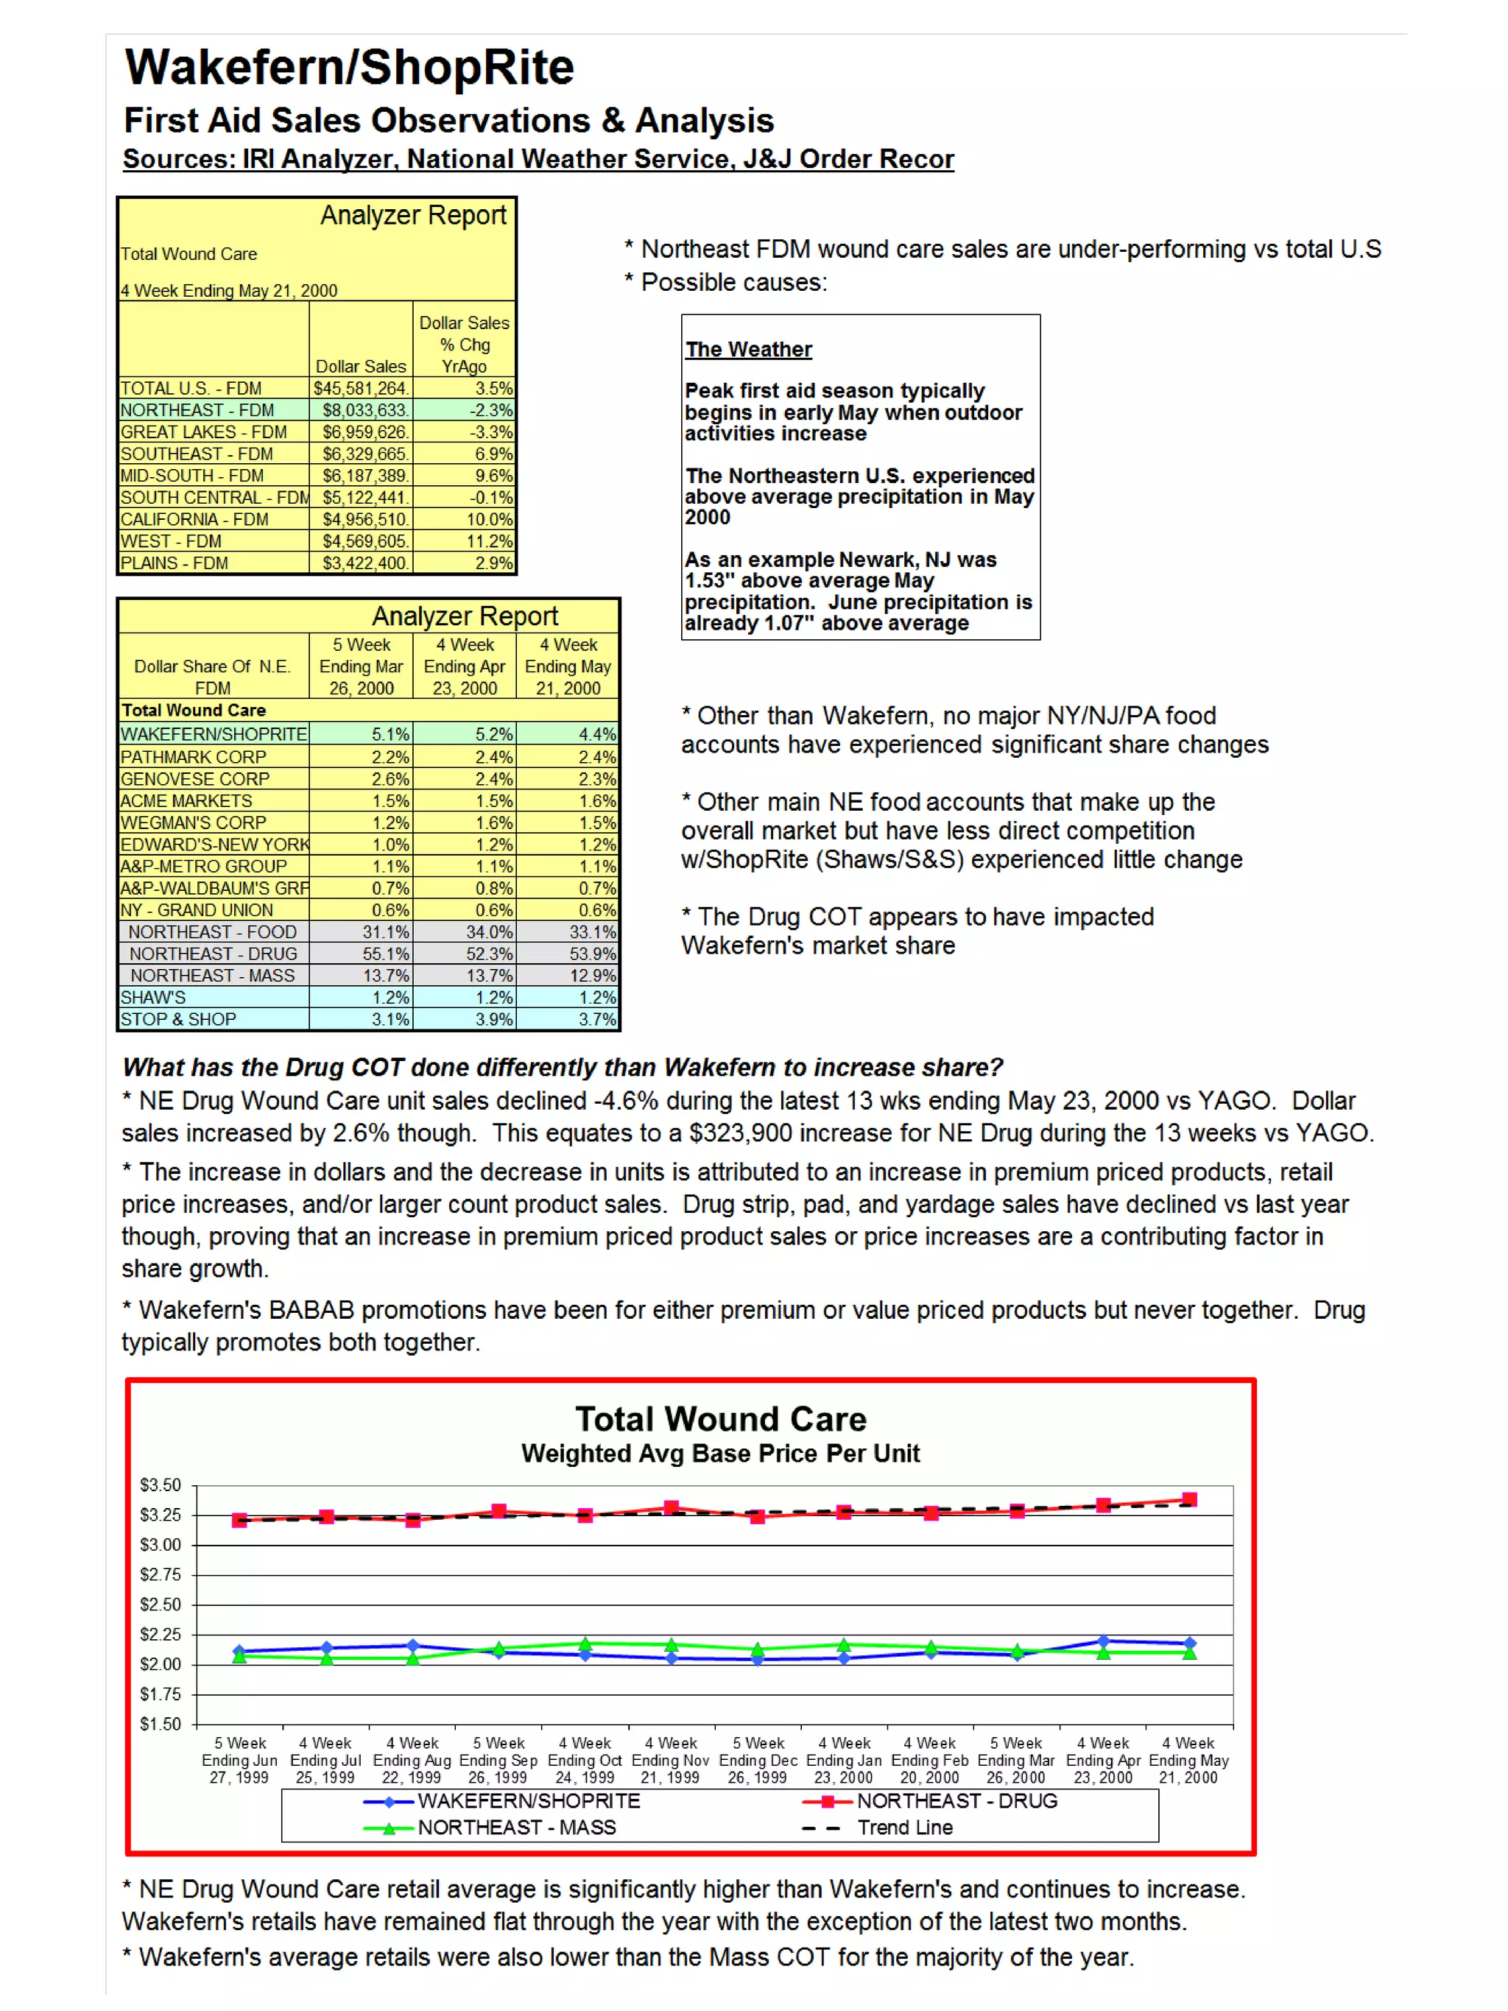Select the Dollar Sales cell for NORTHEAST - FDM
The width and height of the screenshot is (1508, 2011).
pos(362,411)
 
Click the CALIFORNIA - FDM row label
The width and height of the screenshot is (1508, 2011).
pos(194,520)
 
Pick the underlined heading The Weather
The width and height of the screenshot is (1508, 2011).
pos(748,350)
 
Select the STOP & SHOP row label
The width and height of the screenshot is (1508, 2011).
pos(178,1020)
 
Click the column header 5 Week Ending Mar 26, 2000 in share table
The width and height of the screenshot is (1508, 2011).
pos(361,666)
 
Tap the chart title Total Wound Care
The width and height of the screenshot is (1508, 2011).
pos(720,1419)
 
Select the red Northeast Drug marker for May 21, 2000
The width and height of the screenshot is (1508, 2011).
pos(1189,1499)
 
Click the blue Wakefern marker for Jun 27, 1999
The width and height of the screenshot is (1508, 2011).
pos(239,1651)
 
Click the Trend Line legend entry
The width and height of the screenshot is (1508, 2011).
pos(904,1828)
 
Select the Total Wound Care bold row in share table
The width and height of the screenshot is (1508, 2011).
pos(194,711)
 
